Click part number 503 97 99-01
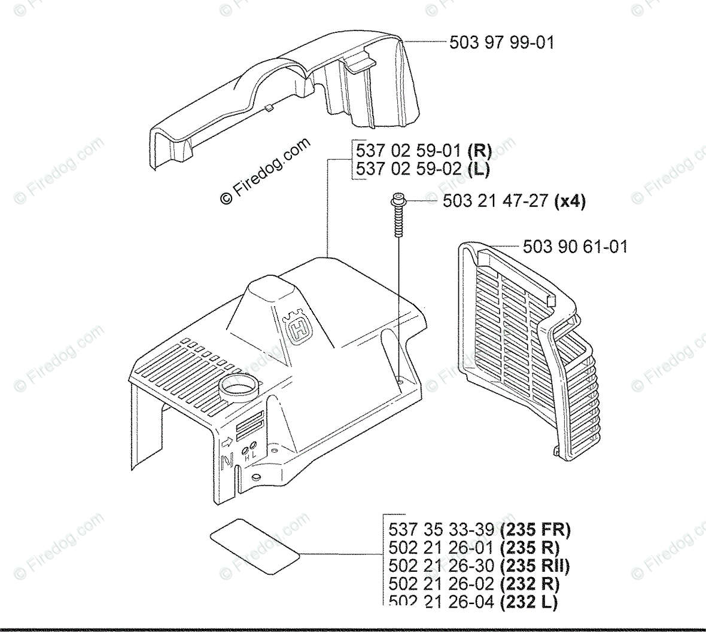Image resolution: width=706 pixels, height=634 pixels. (501, 42)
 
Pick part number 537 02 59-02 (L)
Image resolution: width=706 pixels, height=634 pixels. (422, 169)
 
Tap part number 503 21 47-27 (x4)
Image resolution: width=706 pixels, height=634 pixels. (514, 201)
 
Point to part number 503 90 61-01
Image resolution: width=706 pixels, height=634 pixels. (575, 246)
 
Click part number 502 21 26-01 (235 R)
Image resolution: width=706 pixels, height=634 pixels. (474, 547)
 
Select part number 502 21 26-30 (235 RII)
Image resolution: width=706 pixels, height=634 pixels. (479, 565)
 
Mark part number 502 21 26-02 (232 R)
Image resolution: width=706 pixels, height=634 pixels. (474, 583)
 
